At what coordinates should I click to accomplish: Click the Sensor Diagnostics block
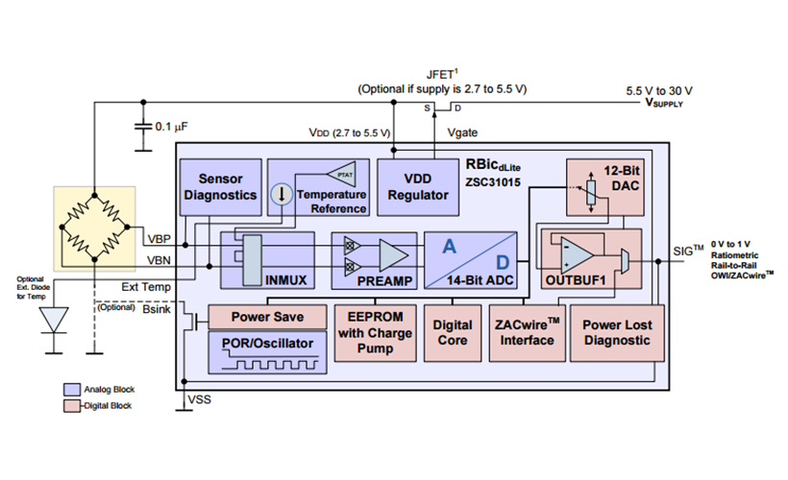[220, 185]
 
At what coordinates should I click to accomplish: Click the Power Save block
[267, 317]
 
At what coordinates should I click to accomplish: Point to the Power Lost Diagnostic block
[616, 332]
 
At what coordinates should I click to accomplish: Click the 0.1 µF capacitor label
[172, 127]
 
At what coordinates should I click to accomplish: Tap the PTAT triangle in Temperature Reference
[342, 174]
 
